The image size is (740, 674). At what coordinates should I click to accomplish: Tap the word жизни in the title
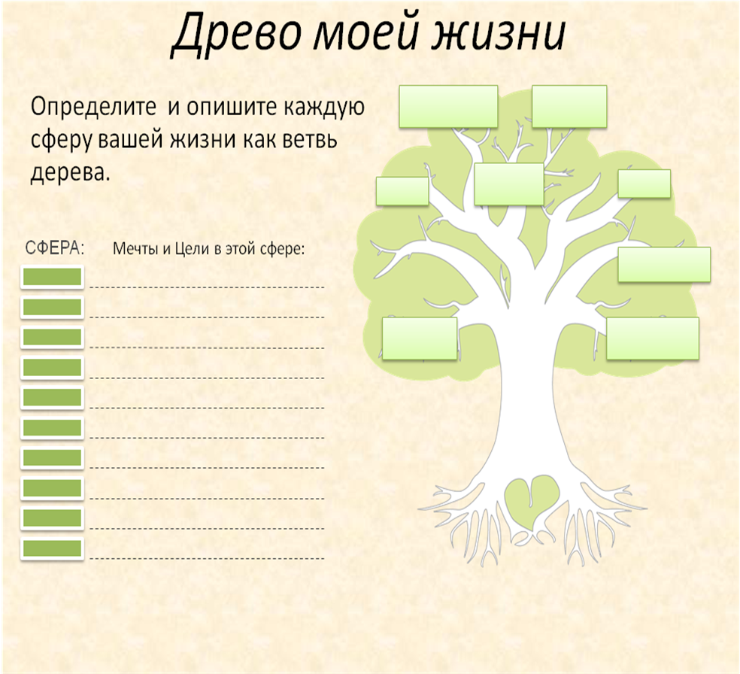click(x=499, y=33)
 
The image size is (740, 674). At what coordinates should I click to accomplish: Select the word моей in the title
click(x=365, y=33)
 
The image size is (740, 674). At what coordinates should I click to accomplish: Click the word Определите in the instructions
click(x=93, y=108)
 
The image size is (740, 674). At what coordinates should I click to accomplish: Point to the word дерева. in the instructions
click(x=70, y=173)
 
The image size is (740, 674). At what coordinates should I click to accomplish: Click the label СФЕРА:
click(x=55, y=247)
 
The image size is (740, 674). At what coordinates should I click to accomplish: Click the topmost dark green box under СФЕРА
click(x=53, y=277)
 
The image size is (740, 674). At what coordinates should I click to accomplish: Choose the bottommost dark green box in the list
click(x=53, y=548)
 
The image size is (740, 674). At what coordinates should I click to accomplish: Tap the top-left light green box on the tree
click(x=448, y=106)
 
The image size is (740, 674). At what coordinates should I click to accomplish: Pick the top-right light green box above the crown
click(x=569, y=106)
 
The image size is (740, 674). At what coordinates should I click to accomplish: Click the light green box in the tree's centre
click(x=508, y=184)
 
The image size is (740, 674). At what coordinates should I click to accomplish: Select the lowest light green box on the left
click(x=420, y=339)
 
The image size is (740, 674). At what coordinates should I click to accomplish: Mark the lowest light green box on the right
click(x=653, y=339)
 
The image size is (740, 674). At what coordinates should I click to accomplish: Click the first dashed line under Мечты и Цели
click(x=207, y=287)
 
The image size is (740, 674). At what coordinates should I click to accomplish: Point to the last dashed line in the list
click(x=207, y=558)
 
